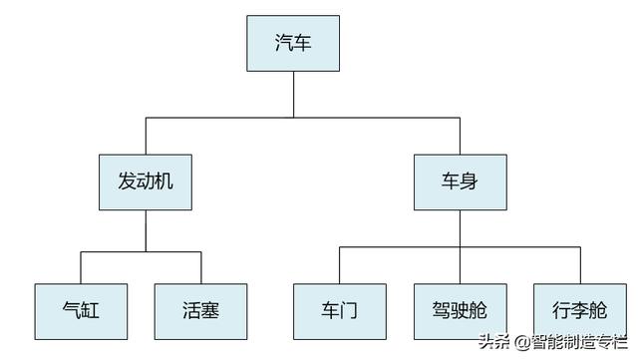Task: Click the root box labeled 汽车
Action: coord(293,43)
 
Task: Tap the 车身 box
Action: coord(460,181)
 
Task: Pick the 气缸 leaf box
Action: coord(81,310)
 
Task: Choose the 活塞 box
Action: coord(200,310)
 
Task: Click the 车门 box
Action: coord(339,310)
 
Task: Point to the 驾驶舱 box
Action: coord(460,310)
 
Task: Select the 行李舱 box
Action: coord(579,310)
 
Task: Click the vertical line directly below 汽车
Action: coord(293,95)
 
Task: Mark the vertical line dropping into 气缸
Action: coord(81,268)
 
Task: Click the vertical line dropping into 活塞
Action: coord(200,268)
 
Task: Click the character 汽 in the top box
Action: coord(284,43)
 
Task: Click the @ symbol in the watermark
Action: coord(521,342)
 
